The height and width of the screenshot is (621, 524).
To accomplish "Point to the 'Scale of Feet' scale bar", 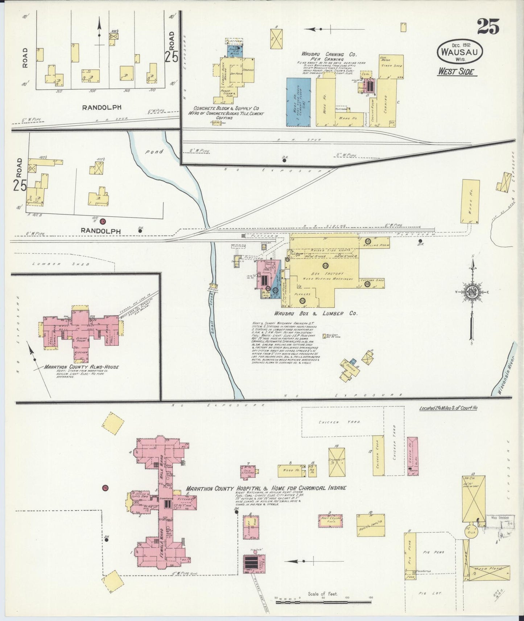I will coord(323,603).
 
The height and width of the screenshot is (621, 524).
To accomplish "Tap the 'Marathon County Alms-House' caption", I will coord(82,367).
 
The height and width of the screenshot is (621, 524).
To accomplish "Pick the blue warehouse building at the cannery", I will coord(298,102).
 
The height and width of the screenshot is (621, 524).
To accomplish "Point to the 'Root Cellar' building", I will coord(330,521).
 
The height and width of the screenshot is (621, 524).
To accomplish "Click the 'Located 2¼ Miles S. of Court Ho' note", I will coord(448,408).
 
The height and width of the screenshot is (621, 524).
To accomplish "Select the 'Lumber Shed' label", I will coord(60,264).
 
